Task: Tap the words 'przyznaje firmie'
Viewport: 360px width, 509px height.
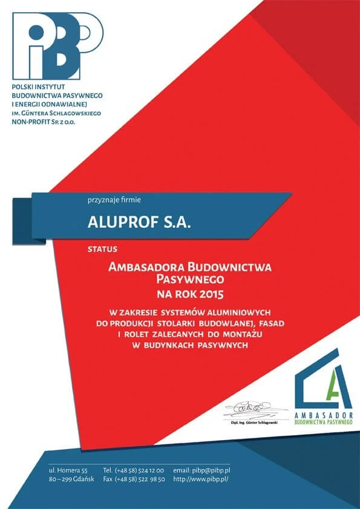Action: [114, 198]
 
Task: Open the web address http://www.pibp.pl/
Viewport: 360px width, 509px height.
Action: [201, 479]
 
